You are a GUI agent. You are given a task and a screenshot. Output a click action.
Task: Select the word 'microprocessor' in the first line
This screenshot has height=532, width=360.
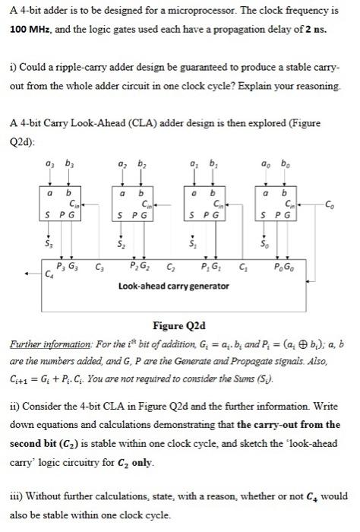coord(180,11)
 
